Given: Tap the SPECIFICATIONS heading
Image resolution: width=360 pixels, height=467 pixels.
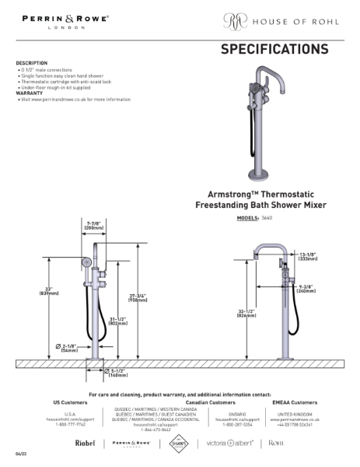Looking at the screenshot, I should [x=274, y=50].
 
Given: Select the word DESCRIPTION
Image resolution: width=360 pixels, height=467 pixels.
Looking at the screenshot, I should [x=31, y=63].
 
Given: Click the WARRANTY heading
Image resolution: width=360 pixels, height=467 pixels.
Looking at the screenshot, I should [x=29, y=93].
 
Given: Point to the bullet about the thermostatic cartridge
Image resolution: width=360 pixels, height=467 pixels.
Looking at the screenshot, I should [x=65, y=82].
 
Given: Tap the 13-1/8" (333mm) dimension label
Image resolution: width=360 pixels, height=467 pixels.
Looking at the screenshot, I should [x=306, y=256].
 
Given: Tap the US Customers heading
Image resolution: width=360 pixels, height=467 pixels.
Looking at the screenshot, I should [x=70, y=402].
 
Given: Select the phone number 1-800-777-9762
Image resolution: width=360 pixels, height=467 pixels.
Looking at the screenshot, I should [x=70, y=425].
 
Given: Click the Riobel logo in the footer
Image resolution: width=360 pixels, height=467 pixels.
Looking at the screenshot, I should [x=85, y=443].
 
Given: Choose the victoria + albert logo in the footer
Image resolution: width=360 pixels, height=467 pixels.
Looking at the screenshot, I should [x=229, y=443].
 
